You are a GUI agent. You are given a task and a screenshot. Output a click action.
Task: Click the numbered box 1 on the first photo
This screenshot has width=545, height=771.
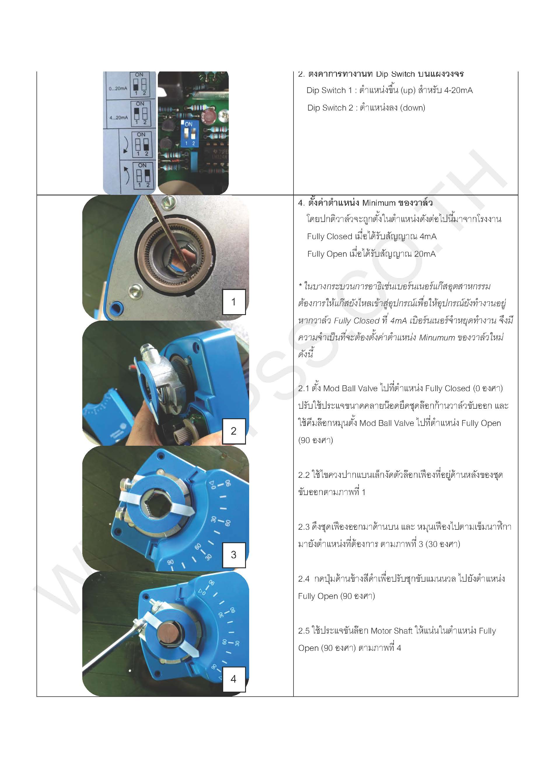tap(234, 302)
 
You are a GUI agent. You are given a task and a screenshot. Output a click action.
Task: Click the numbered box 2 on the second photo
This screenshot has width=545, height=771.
tap(234, 431)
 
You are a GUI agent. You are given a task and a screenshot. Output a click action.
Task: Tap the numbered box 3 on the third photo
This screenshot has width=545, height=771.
tap(234, 555)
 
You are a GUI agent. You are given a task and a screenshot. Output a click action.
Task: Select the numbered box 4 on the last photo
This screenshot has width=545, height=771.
tap(234, 679)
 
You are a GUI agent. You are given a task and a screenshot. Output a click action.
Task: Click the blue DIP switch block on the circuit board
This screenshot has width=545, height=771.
tap(190, 134)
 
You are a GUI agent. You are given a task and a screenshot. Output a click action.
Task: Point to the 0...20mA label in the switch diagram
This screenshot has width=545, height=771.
tap(118, 89)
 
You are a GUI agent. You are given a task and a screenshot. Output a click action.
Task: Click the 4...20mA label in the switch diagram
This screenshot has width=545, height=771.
tap(118, 118)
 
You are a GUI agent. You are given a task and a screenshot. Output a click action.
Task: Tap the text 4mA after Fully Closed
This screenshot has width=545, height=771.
tap(428, 236)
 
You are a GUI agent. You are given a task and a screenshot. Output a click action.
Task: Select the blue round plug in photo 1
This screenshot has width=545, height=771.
tap(116, 306)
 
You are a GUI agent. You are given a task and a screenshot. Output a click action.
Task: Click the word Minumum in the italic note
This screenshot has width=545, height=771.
tap(436, 338)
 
